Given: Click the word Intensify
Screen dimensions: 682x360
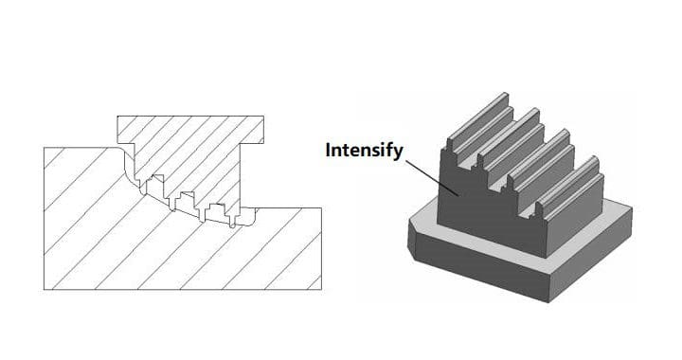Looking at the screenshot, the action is [364, 151].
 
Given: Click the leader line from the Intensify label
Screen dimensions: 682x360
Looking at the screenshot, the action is [431, 177].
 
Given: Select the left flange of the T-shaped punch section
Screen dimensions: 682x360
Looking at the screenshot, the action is [126, 130].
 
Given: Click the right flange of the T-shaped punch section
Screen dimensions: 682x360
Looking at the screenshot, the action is [252, 130].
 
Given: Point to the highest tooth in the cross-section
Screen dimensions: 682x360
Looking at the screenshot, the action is [154, 185].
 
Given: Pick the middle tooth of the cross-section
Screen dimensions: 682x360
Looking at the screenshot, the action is [185, 201].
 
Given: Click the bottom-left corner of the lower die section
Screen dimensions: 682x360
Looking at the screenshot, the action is [44, 290].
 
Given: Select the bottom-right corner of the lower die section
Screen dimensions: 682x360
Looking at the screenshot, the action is [321, 290].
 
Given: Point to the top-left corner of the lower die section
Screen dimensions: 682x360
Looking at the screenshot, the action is [44, 148].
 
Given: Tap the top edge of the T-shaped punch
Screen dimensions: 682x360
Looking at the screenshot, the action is [190, 117].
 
